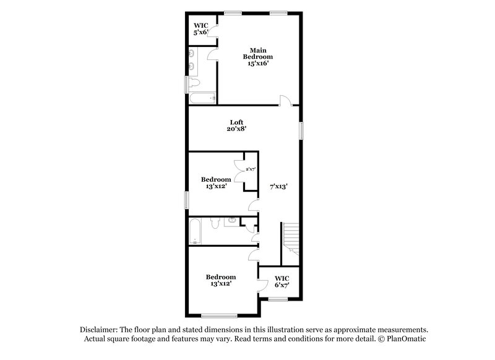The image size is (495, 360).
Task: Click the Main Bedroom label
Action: (x=259, y=56)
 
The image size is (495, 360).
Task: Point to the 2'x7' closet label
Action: (x=251, y=169)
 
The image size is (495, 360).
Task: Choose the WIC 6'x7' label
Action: (x=282, y=281)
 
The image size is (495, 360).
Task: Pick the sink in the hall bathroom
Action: (x=232, y=220)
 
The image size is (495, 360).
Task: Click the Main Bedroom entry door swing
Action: (x=285, y=101)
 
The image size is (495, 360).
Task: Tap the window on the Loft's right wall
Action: (x=301, y=131)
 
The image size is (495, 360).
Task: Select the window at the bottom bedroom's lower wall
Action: (x=220, y=315)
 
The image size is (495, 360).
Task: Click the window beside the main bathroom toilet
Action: (x=186, y=84)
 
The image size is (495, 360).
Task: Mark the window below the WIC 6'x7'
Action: (x=277, y=299)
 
